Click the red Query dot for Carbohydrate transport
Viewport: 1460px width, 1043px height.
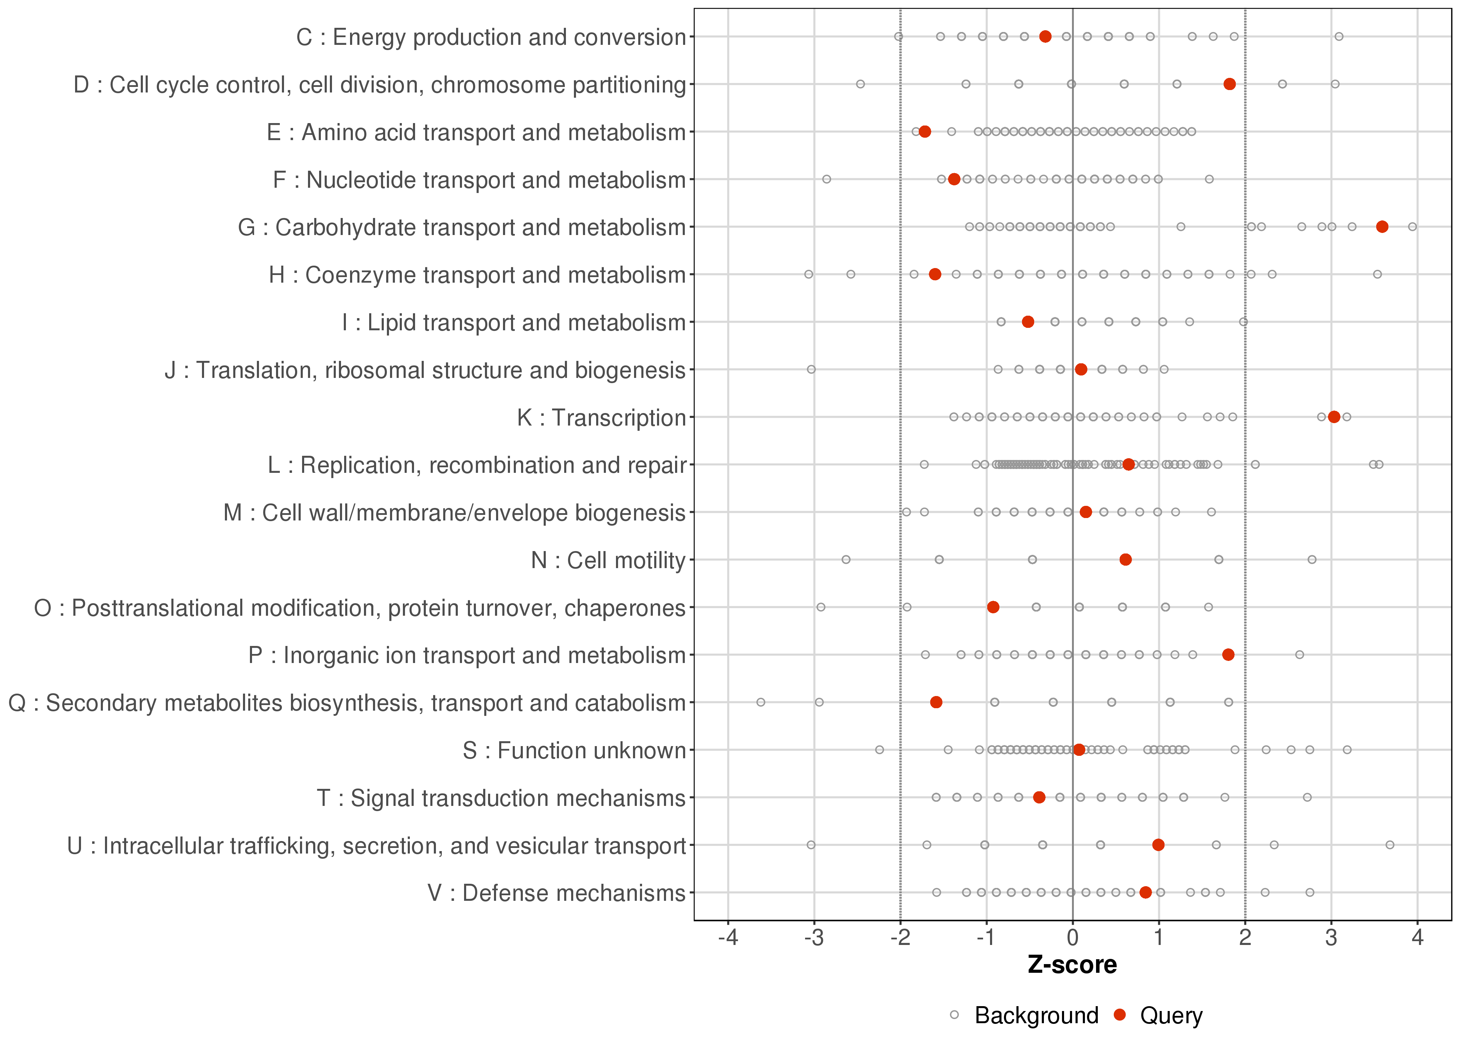click(1382, 227)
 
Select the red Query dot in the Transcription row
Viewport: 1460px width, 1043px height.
click(1334, 417)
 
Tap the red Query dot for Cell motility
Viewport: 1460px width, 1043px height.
click(1126, 559)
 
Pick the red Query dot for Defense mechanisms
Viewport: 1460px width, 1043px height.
click(1145, 892)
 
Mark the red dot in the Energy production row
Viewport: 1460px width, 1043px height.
click(1045, 37)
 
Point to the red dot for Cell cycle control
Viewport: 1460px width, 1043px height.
click(1230, 84)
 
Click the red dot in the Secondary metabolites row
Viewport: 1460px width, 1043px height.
click(936, 702)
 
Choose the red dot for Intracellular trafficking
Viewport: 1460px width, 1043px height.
click(1158, 844)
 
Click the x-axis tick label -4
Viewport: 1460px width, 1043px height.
click(728, 938)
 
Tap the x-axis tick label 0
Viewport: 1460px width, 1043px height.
click(1072, 938)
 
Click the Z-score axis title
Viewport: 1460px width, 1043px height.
click(1072, 965)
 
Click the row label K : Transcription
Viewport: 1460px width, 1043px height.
click(602, 418)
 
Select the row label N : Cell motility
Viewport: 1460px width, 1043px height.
click(608, 560)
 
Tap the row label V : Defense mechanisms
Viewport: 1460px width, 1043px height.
click(557, 893)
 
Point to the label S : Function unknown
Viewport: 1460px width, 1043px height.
click(574, 750)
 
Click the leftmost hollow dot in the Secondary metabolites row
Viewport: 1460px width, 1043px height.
click(761, 702)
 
